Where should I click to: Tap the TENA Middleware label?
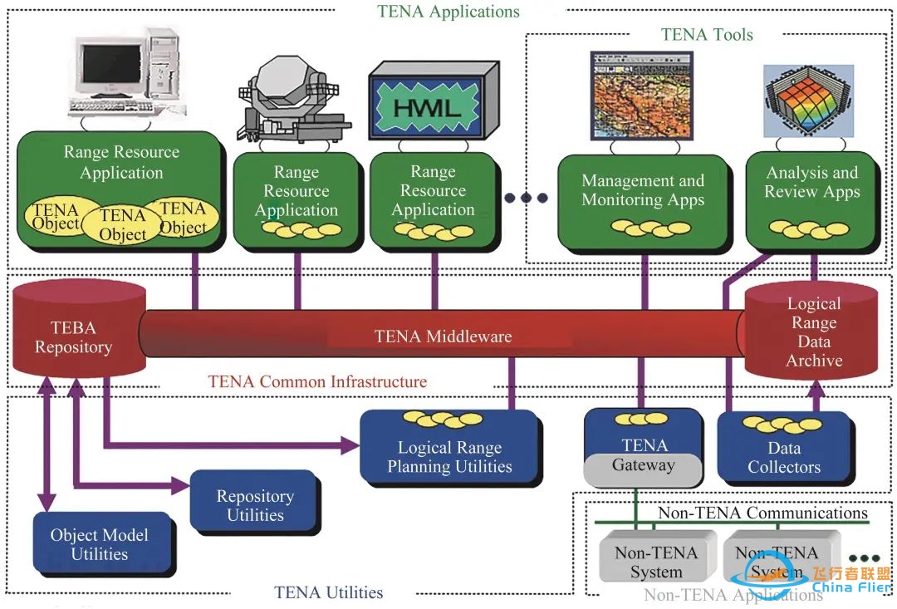click(x=443, y=336)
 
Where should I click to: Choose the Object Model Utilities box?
click(x=100, y=544)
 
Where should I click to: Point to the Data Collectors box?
click(x=784, y=453)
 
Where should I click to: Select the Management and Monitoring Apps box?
click(x=642, y=199)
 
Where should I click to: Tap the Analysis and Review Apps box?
click(x=811, y=195)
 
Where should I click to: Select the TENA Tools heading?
click(x=707, y=34)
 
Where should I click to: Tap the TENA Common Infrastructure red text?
click(x=317, y=382)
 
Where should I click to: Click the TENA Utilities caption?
click(x=329, y=593)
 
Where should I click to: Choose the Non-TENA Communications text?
click(x=762, y=513)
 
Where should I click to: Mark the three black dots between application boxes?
click(x=527, y=198)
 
